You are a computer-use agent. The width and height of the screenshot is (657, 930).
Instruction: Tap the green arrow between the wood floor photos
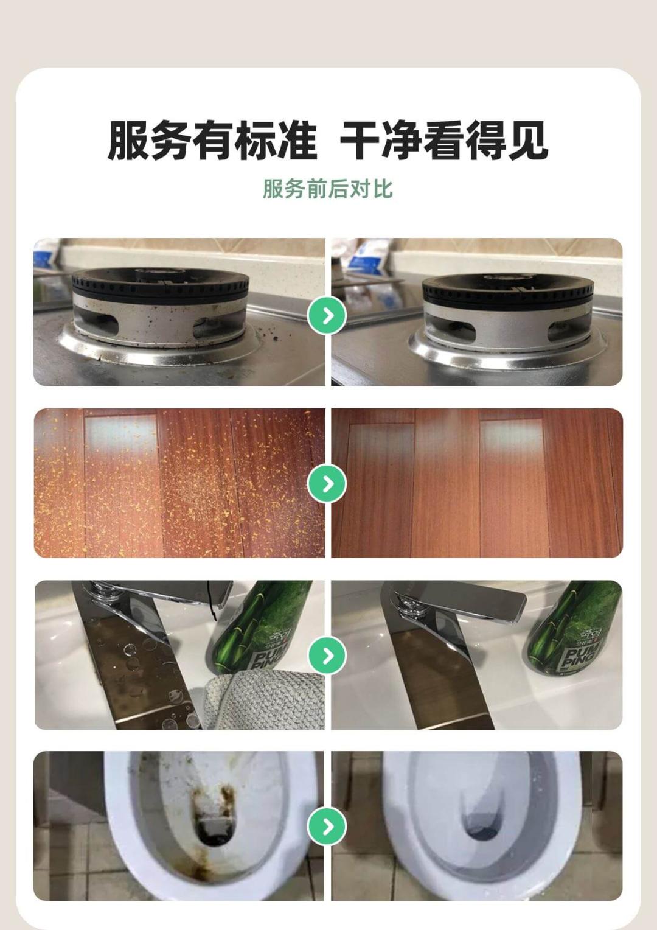click(328, 484)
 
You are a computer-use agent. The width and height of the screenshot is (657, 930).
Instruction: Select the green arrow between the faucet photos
click(328, 655)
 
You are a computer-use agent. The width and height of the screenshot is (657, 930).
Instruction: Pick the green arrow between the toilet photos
click(328, 827)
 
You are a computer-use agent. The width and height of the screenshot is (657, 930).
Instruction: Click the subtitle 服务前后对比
click(328, 189)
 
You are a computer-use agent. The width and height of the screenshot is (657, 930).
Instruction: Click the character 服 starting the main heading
click(128, 141)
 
